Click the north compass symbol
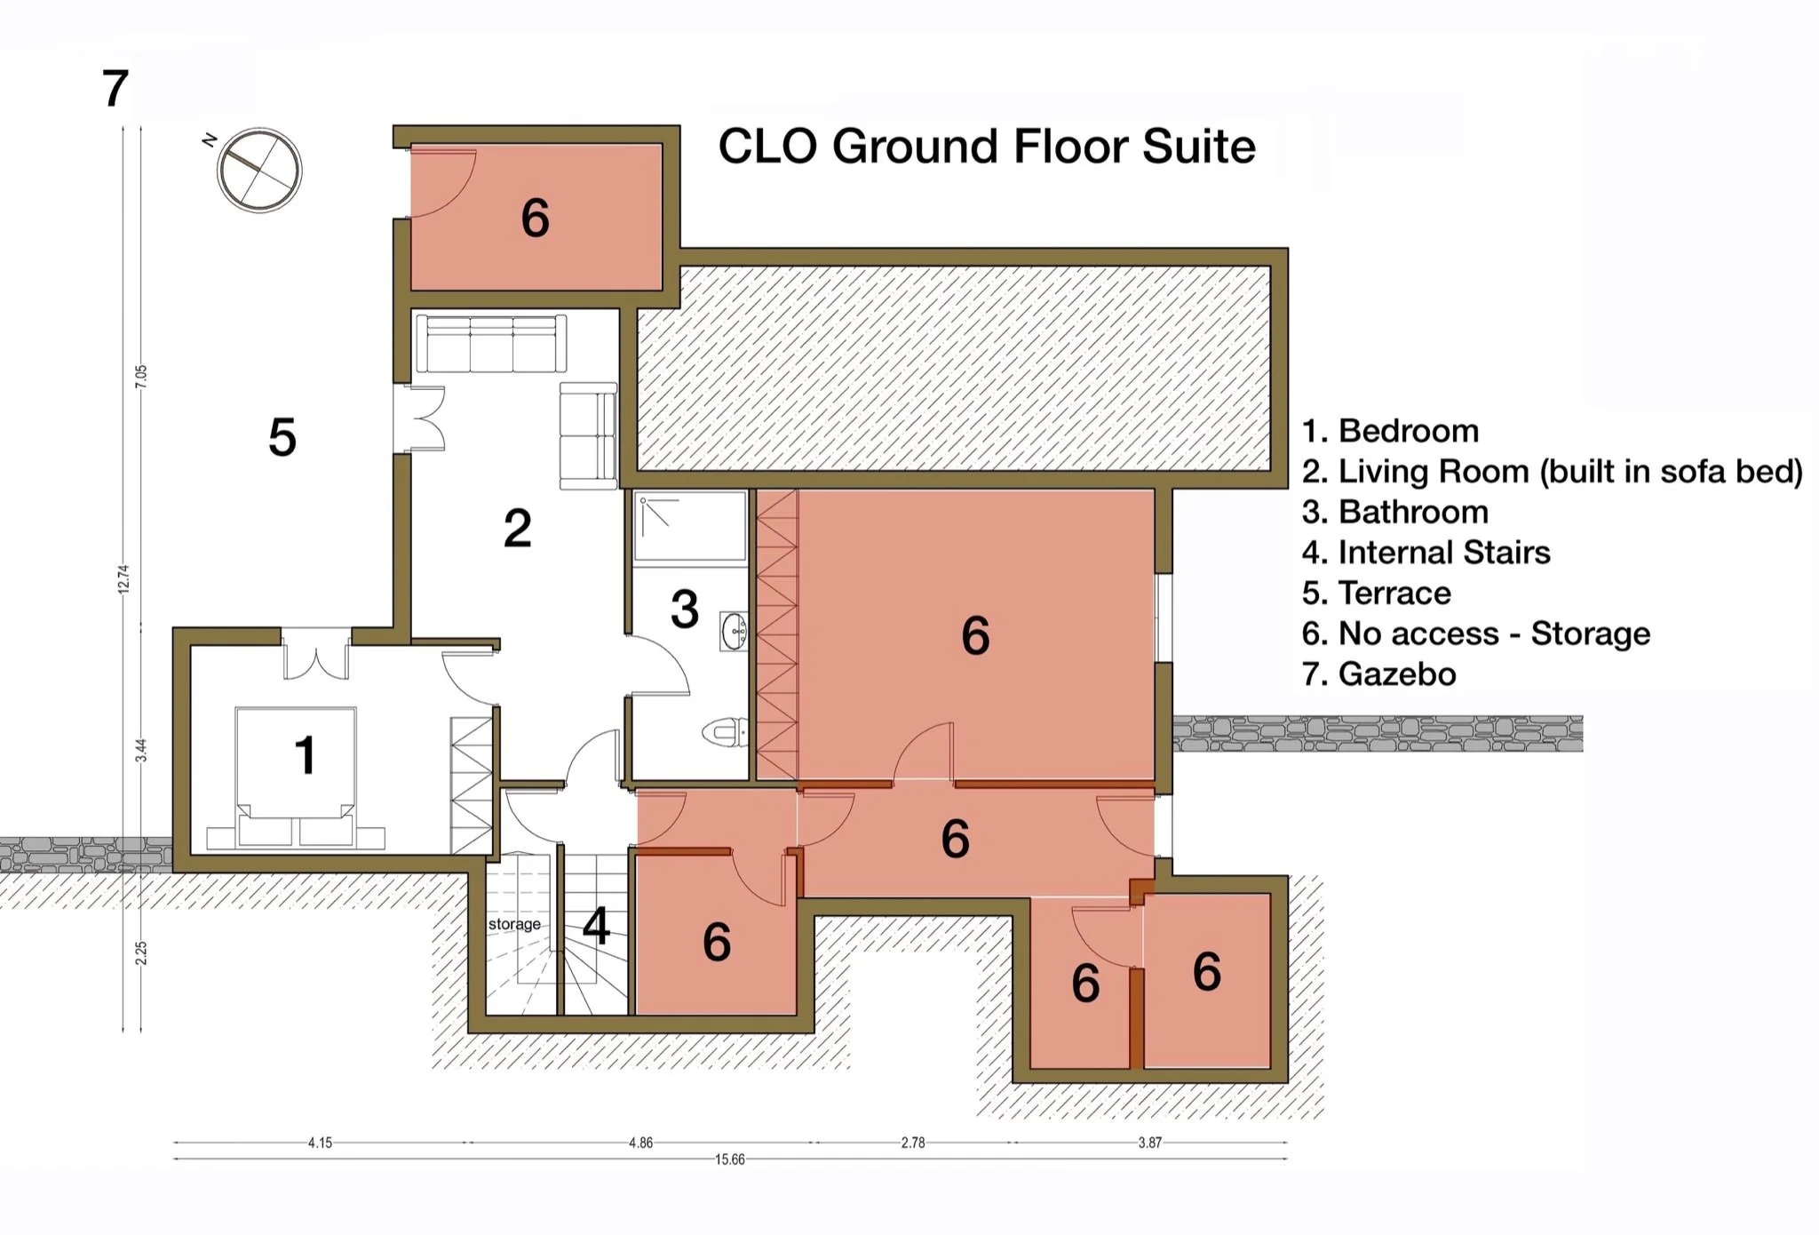pos(260,171)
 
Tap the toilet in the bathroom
pos(726,733)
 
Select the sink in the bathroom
pos(735,631)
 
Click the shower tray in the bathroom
pos(690,526)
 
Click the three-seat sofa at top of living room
pos(491,343)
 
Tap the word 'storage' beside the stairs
pos(514,924)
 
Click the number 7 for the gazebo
pos(115,89)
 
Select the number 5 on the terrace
pos(282,437)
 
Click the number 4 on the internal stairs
pos(597,927)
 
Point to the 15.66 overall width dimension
pos(730,1159)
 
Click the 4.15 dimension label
pos(320,1143)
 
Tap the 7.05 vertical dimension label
pos(141,377)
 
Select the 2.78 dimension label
pos(913,1143)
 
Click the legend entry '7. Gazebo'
pos(1379,674)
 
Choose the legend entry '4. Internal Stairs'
pos(1426,553)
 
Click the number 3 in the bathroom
pos(685,610)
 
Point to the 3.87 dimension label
pos(1150,1143)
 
